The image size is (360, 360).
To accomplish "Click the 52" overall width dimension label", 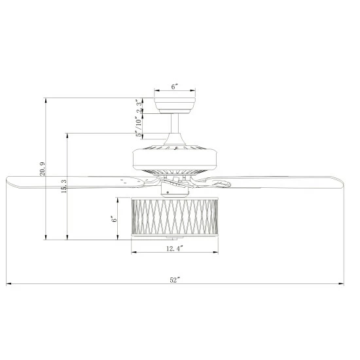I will (x=174, y=280).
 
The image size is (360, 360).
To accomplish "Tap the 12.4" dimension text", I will (x=173, y=249).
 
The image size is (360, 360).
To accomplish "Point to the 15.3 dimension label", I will (x=63, y=187).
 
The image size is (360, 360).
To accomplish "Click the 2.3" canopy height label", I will (x=139, y=107).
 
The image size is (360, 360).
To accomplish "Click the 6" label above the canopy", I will (x=175, y=86).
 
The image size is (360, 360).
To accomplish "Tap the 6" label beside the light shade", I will (x=115, y=220).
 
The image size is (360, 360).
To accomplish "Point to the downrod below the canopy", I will (x=175, y=126).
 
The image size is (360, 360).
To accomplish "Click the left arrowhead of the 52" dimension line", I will (x=8, y=284).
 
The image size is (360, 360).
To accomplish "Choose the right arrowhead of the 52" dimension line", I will (x=342, y=284).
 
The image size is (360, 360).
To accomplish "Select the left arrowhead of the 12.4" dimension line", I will (x=133, y=253).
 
